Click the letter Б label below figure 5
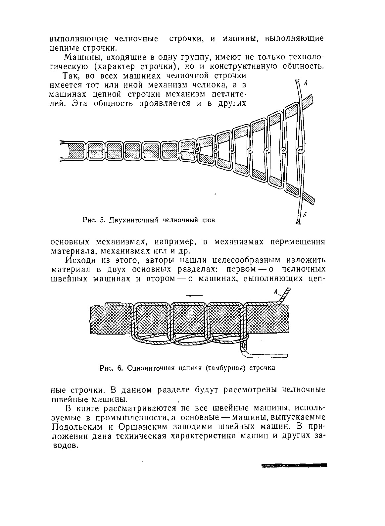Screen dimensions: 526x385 305,214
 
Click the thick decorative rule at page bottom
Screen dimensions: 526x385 294,465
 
